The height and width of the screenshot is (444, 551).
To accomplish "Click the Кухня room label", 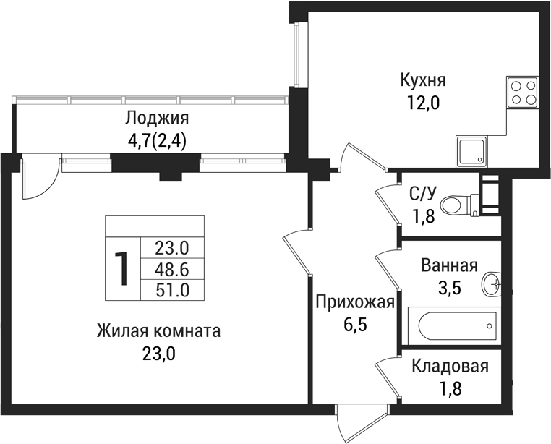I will click(x=423, y=79).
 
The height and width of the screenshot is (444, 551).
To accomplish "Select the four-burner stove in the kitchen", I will click(x=523, y=93).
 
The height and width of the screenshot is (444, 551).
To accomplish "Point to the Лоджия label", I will click(x=156, y=118).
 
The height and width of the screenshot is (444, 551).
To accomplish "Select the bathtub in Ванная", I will click(x=453, y=328).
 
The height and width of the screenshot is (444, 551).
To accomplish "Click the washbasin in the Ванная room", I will click(x=494, y=283).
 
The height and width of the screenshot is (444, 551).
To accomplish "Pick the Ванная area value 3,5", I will click(x=450, y=286).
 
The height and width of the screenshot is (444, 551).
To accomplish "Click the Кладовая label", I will click(x=450, y=367).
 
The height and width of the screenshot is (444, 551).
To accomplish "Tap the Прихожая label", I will click(x=354, y=302).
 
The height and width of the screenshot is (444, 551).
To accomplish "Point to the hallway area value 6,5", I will click(x=355, y=324).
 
